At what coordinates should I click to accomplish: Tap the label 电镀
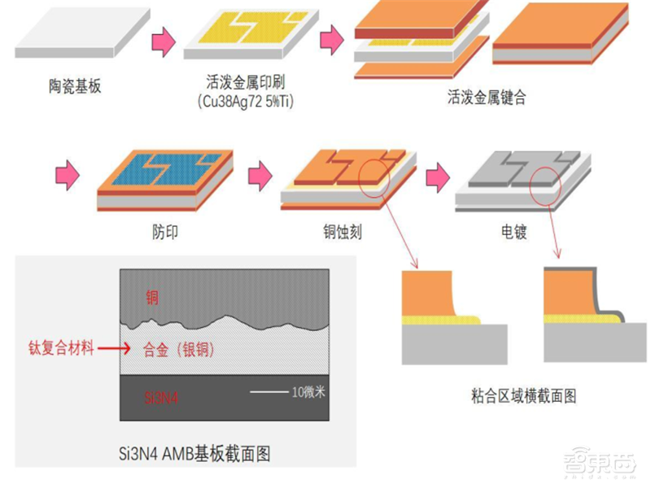coord(514,233)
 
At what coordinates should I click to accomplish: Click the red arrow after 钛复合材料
coord(118,349)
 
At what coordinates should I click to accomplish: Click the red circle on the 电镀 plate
coord(546,182)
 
